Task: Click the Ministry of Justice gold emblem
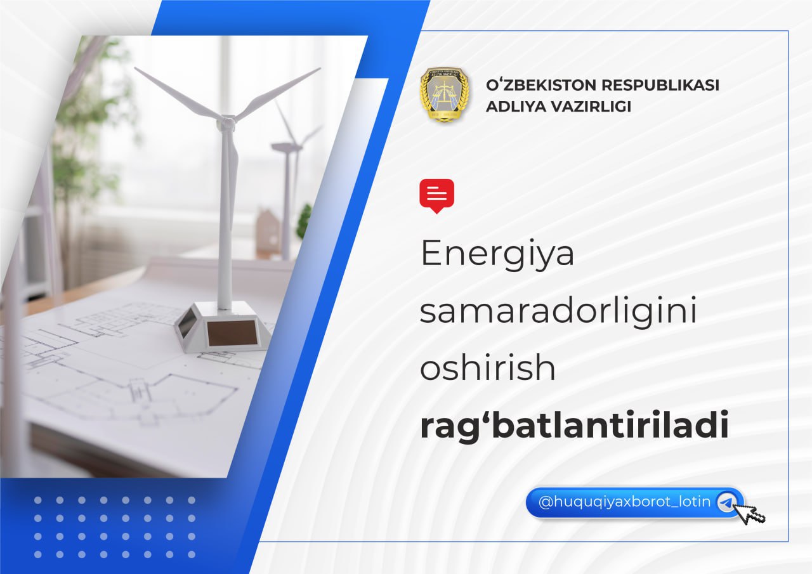coord(445,95)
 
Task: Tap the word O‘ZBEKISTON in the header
coord(541,85)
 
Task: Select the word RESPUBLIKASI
coord(660,85)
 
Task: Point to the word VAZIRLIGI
coord(591,107)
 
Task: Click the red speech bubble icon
coord(437,196)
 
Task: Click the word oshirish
coord(488,367)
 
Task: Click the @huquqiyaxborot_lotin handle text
coord(624,502)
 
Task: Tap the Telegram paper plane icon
coord(726,502)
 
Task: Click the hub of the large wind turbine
coord(226,122)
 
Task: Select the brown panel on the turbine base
coord(232,332)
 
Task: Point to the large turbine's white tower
coord(225,218)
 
